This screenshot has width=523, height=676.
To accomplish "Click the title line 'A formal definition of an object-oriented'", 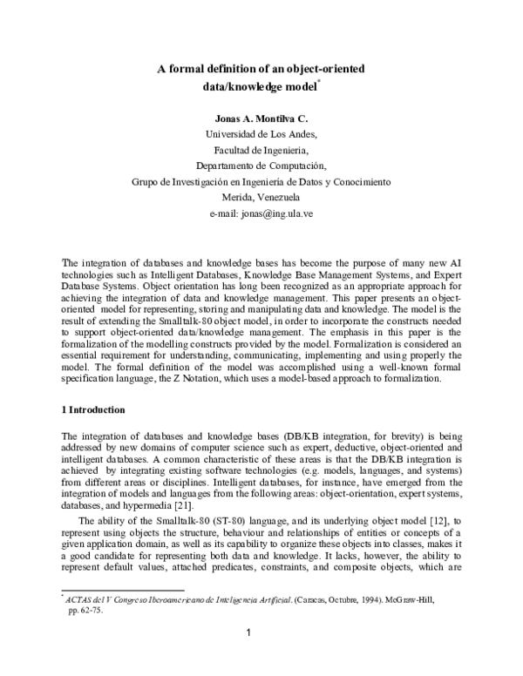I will pyautogui.click(x=261, y=68).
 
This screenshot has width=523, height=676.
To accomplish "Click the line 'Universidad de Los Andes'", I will pyautogui.click(x=261, y=134).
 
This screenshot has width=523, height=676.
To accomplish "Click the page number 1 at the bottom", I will pyautogui.click(x=248, y=656).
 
